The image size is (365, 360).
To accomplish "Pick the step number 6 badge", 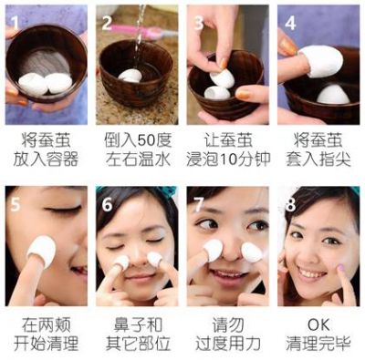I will click(x=107, y=202).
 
